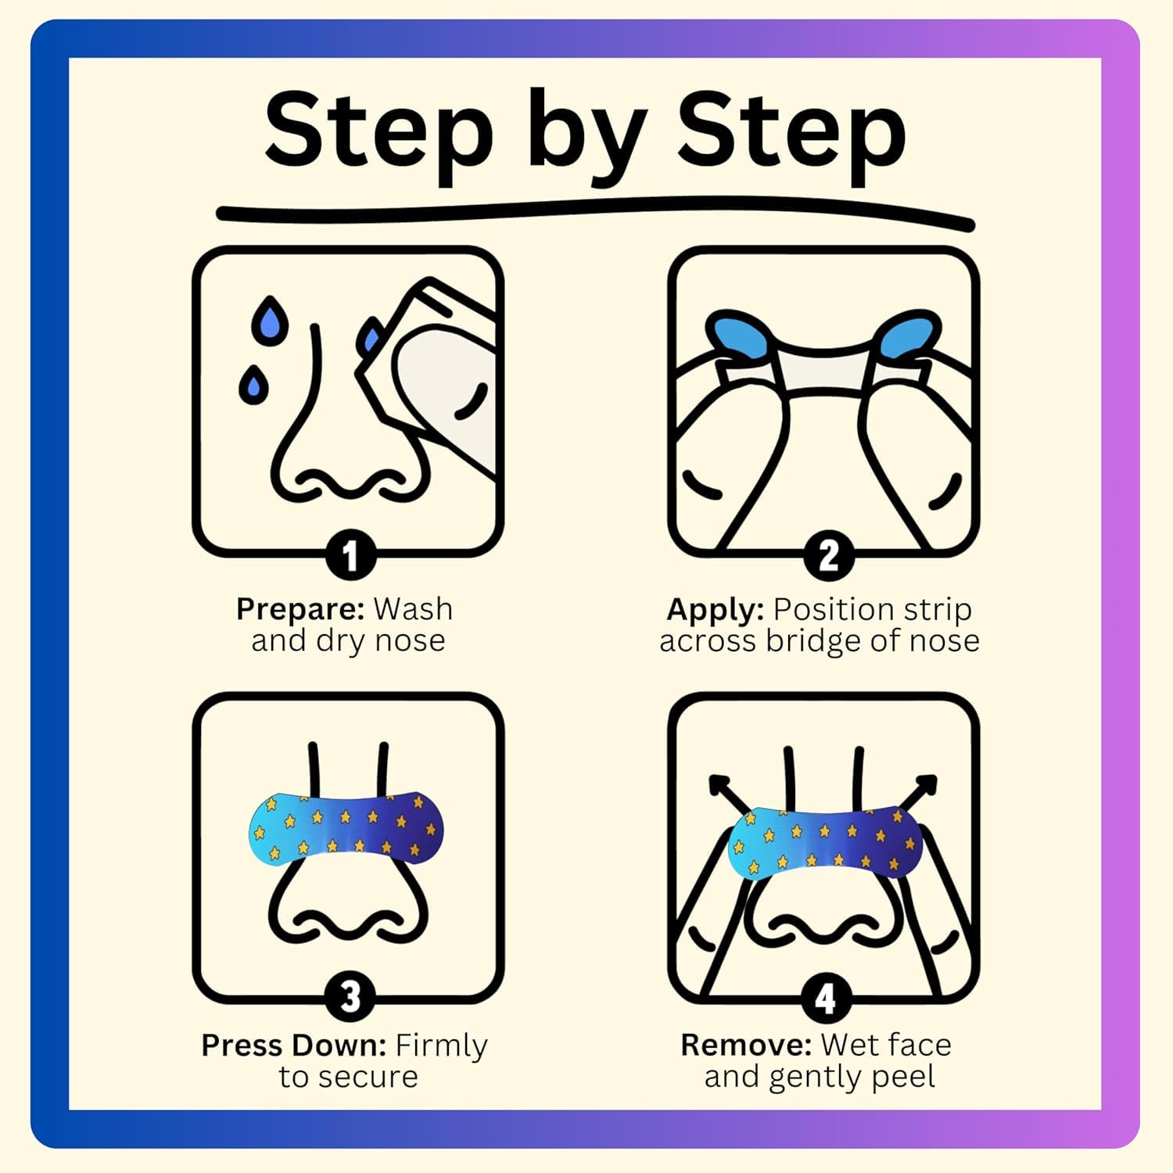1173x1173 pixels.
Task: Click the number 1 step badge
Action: tap(350, 556)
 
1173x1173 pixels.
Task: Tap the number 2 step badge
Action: tap(828, 556)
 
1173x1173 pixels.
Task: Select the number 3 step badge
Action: tap(350, 996)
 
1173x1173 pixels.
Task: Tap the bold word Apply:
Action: tap(715, 609)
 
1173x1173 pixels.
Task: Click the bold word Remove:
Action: tap(746, 1045)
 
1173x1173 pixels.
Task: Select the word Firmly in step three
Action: tap(441, 1046)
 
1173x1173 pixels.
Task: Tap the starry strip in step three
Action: tap(346, 827)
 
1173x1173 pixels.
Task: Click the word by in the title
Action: tap(586, 133)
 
